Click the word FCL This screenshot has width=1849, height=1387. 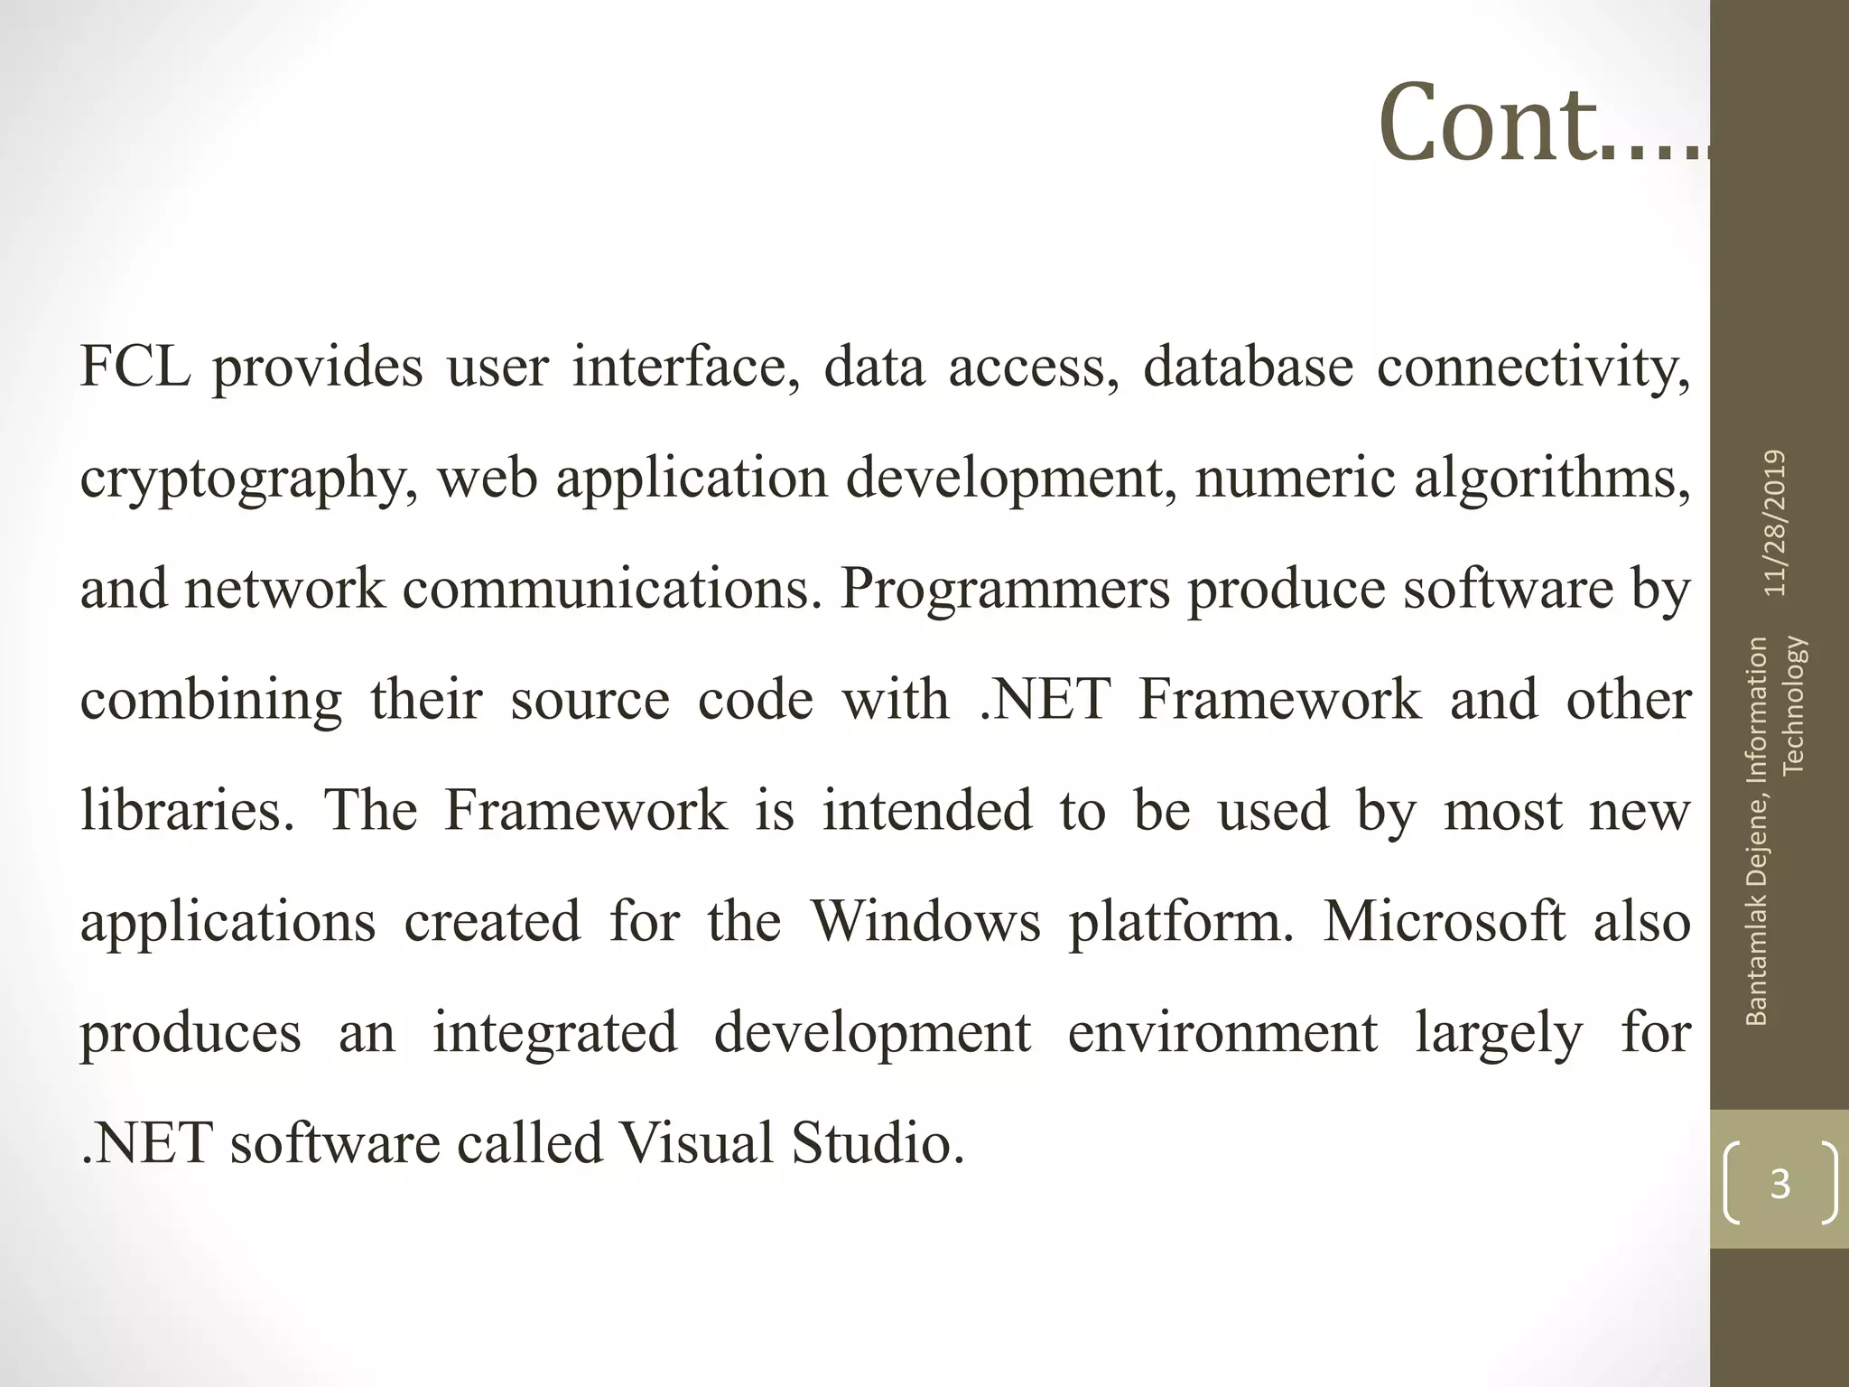click(135, 368)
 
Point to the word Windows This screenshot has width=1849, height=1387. click(925, 922)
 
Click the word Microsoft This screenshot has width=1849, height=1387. click(1445, 922)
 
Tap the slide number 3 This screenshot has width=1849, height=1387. click(1779, 1184)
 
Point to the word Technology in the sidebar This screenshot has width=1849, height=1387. click(1794, 705)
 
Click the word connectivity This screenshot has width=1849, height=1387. click(1533, 368)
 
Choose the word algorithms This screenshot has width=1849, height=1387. click(1551, 479)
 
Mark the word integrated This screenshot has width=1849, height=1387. click(554, 1033)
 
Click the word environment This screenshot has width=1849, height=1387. click(1222, 1033)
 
